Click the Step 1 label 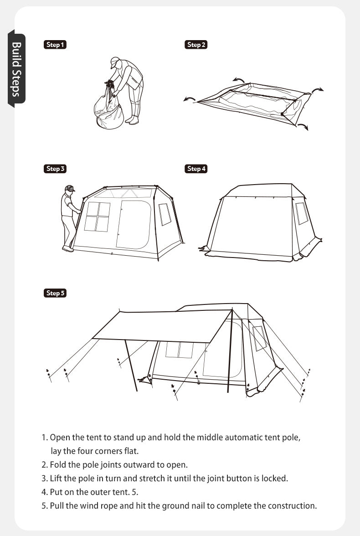(x=55, y=45)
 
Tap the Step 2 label (x=196, y=45)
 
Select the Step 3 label (x=55, y=169)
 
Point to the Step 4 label (x=196, y=169)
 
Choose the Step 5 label (x=55, y=294)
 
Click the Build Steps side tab (x=16, y=69)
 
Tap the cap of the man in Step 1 (x=114, y=62)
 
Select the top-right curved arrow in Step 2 (x=318, y=90)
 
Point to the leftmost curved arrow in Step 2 (x=190, y=99)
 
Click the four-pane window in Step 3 (x=97, y=217)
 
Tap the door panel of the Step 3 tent (x=134, y=225)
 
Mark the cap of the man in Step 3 (x=70, y=188)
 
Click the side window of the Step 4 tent (x=302, y=213)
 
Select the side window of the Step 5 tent (x=259, y=338)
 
